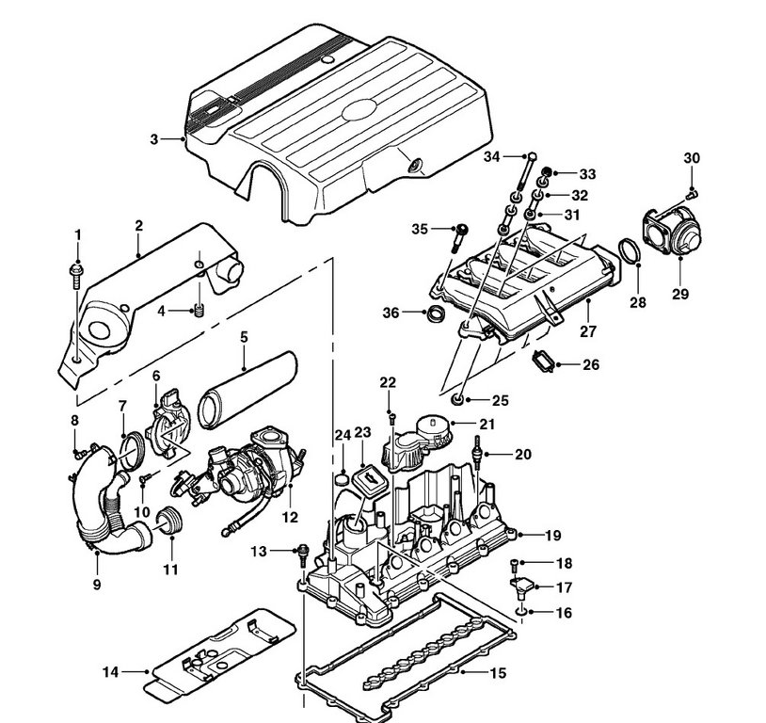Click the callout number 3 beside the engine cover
click(x=154, y=139)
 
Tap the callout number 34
click(x=492, y=157)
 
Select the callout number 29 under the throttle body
click(x=680, y=294)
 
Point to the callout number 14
click(x=110, y=672)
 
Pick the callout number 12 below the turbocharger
click(x=290, y=517)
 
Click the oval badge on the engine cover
click(x=359, y=110)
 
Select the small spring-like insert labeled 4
click(x=199, y=310)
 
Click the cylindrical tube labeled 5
click(x=247, y=390)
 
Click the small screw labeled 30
click(x=692, y=195)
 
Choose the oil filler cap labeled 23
click(x=367, y=480)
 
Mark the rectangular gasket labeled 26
click(x=543, y=362)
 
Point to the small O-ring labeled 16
click(x=521, y=611)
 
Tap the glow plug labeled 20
click(x=476, y=452)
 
